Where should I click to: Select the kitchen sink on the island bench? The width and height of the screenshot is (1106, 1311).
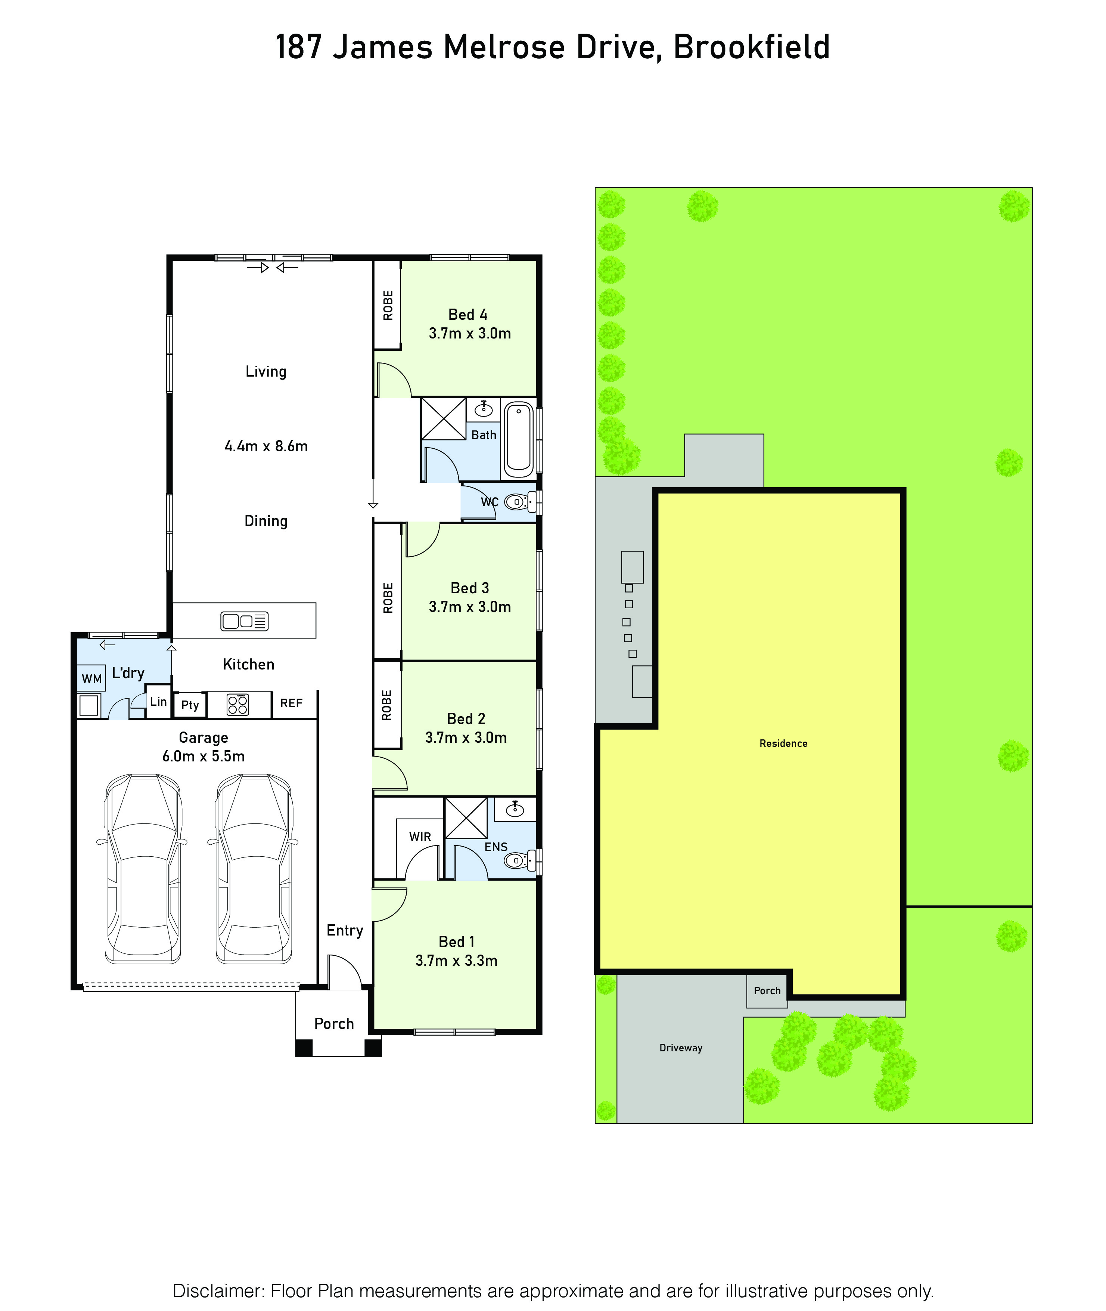click(245, 621)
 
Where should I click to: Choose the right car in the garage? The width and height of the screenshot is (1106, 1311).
click(254, 869)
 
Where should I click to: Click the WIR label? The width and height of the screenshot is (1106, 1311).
click(420, 837)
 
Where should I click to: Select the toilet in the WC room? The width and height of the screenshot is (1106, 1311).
click(520, 502)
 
